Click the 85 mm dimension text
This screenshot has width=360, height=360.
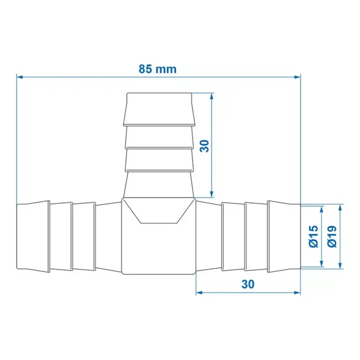(157, 69)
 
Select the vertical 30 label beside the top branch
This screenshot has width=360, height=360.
(204, 146)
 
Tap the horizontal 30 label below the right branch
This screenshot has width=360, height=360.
(248, 284)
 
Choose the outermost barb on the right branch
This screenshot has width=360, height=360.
(284, 236)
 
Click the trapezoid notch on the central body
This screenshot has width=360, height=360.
(158, 212)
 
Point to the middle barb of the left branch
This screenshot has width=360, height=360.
(61, 236)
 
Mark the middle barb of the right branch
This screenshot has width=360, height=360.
(255, 236)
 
